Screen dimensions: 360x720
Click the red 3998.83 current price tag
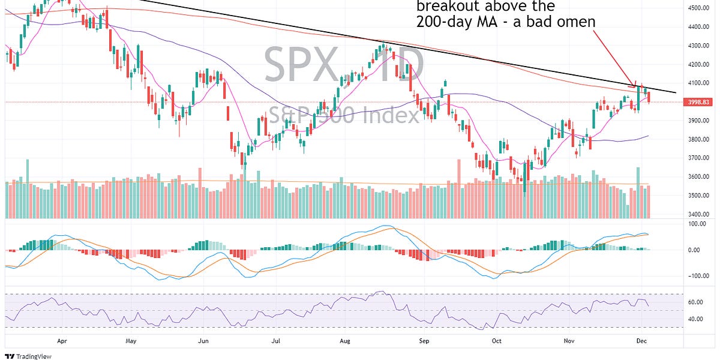click(x=695, y=102)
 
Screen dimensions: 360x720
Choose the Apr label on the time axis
click(x=62, y=339)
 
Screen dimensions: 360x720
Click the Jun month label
click(x=203, y=339)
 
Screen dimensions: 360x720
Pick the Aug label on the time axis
click(x=344, y=339)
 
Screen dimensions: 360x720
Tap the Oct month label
click(x=496, y=339)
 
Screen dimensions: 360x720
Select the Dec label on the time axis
click(x=640, y=339)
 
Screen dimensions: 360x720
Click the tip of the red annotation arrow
click(x=635, y=85)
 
